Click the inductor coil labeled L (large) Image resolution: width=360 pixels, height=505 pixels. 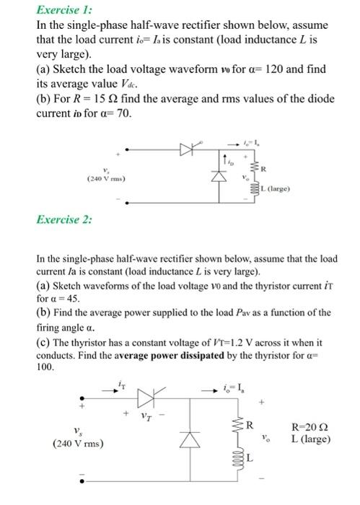253,189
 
